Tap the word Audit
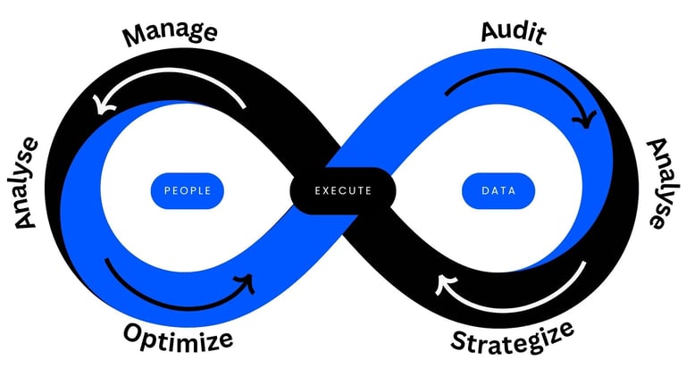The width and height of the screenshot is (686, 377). [514, 32]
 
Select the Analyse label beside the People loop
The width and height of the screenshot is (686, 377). [27, 182]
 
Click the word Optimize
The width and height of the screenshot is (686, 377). [178, 338]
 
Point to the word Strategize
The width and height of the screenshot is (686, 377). [512, 338]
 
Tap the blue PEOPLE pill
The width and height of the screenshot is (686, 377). [188, 190]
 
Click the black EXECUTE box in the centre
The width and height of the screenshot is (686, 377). [343, 190]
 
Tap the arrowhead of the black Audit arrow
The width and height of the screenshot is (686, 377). [586, 117]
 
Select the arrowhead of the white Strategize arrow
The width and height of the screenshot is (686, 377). [442, 284]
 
